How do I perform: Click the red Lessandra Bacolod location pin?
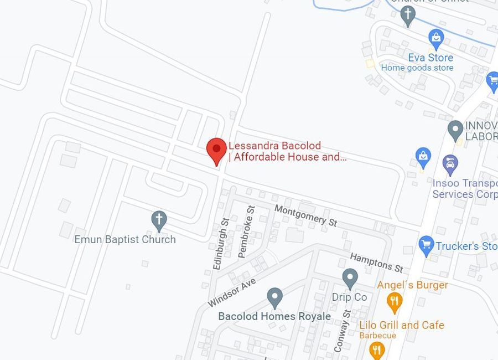tap(216, 150)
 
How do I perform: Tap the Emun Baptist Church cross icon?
tap(159, 220)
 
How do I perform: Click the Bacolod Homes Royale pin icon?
tap(275, 297)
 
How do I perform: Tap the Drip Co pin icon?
tap(350, 278)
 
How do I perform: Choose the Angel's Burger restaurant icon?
tap(394, 302)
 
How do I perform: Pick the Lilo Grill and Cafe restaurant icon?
tap(377, 349)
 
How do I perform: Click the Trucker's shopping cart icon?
tap(426, 245)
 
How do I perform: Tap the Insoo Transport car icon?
tap(450, 164)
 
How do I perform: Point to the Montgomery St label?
tap(306, 215)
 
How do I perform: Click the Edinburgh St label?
tap(221, 244)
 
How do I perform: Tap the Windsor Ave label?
tap(232, 292)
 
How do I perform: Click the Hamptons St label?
tap(376, 262)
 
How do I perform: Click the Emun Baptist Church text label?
tap(125, 239)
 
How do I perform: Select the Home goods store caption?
tap(417, 68)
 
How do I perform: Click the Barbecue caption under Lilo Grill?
tap(378, 335)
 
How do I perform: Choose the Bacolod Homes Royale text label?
tap(274, 316)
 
